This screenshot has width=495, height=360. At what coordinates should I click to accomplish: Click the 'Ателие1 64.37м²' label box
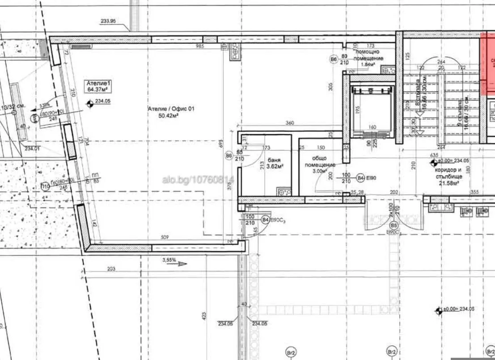pos(98,86)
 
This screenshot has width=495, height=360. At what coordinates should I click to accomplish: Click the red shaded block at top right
pos(487,63)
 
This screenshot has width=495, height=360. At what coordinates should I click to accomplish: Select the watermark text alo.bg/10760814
pos(198,180)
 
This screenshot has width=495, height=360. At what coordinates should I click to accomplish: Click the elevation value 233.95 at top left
pos(108,21)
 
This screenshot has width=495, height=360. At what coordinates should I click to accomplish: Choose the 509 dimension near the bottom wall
pos(165,238)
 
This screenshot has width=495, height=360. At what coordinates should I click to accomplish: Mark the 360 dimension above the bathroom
pos(289,123)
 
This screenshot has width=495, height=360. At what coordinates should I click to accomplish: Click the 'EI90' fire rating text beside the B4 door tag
pos(372,178)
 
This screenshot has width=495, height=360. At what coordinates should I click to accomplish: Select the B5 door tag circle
pos(393,225)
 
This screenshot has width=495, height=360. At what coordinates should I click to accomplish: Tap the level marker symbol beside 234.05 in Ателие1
pos(90,103)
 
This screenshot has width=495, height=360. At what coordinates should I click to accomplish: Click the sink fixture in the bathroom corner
pos(283,192)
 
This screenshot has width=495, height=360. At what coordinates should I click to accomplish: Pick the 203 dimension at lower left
pos(111,268)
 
